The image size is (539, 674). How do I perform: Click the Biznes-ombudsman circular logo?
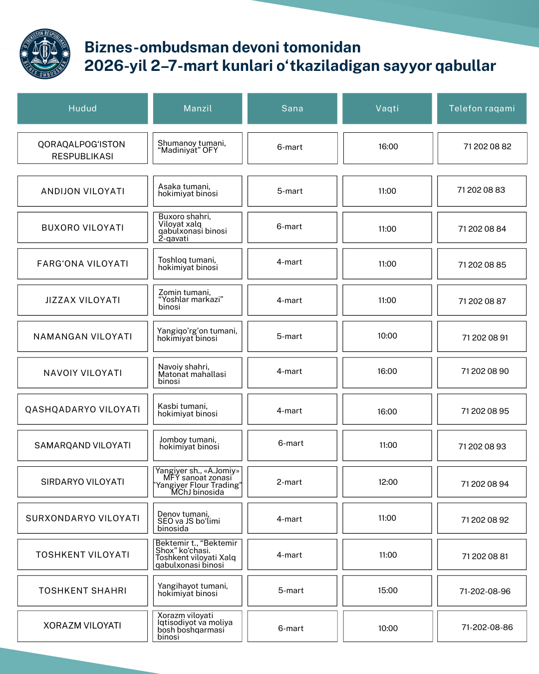44,54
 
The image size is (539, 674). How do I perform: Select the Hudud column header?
82,108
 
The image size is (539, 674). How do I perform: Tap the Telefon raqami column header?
482,108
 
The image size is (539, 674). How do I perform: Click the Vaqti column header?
387,108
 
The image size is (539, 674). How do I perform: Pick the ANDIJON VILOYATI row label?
82,191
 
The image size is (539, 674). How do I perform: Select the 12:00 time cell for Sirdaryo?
388,482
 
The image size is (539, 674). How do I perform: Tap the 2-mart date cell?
289,482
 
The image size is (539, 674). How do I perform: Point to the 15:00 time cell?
388,591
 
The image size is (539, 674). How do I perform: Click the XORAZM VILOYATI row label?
82,626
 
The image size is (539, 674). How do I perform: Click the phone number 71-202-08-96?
485,592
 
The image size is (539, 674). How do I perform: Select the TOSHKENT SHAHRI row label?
82,591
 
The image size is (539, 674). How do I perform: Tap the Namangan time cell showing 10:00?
387,336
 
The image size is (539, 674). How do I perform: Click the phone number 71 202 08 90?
485,371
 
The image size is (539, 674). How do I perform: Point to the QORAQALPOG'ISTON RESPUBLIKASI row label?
82,150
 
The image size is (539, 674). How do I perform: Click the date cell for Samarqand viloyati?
290,443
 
